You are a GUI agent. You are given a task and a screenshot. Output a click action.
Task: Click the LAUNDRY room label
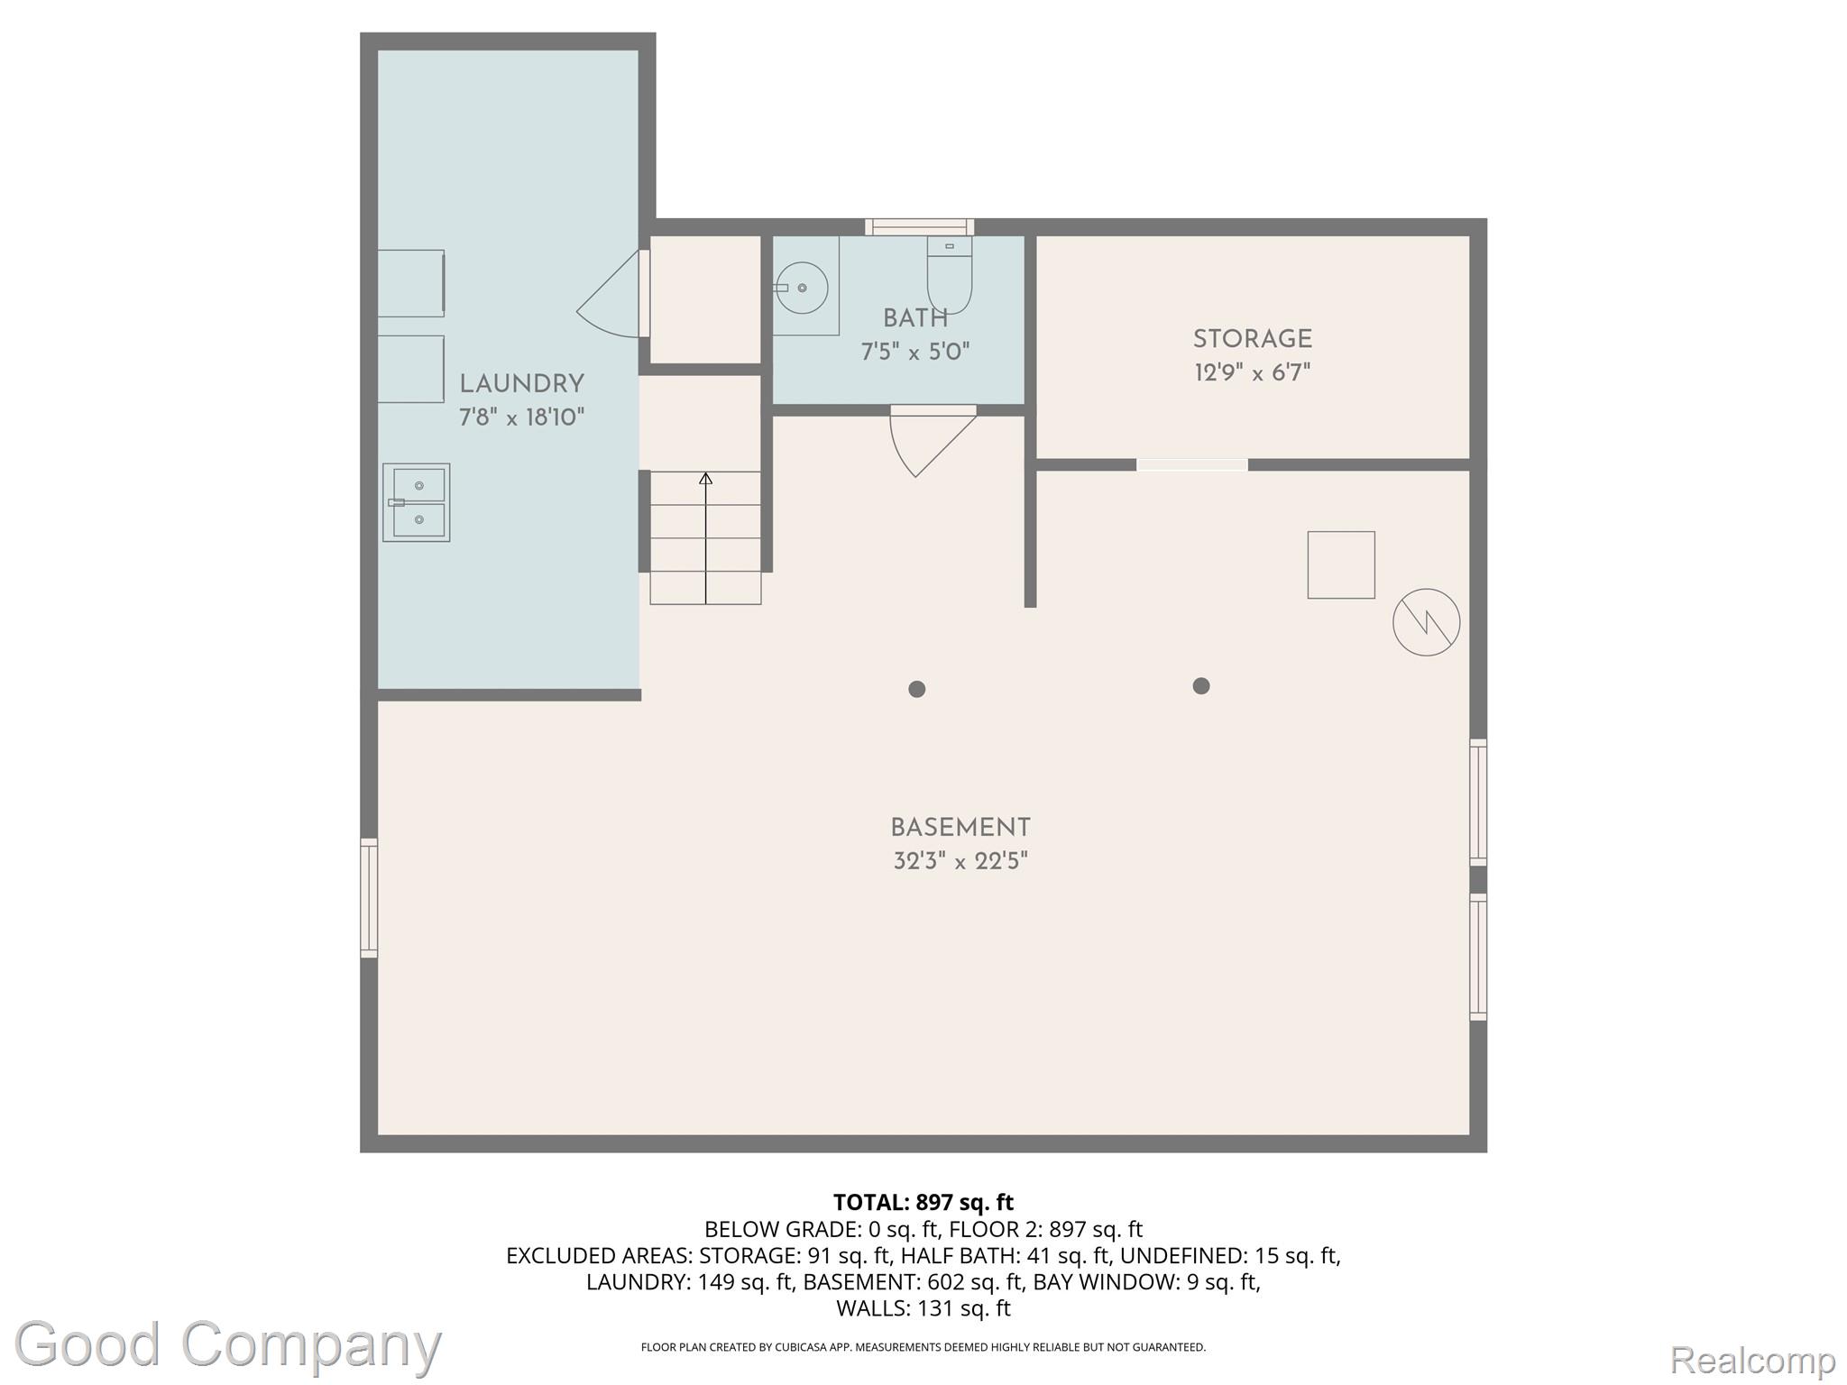(521, 384)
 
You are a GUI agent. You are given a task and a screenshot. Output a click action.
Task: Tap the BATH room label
(915, 318)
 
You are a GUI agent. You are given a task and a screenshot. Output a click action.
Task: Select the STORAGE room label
(1253, 339)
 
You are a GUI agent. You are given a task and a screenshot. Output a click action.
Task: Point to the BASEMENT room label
(960, 828)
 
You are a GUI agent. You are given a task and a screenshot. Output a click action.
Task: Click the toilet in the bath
(950, 274)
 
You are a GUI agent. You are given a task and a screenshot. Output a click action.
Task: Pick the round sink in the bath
(802, 288)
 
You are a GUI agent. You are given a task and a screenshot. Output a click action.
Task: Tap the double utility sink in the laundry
(416, 502)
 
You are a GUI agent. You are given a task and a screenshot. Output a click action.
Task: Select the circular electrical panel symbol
(1426, 622)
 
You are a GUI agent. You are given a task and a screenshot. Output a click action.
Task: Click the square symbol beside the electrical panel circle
(1341, 564)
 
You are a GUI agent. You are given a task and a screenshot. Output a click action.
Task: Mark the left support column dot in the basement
(917, 689)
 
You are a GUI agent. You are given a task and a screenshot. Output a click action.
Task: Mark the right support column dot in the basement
(1200, 686)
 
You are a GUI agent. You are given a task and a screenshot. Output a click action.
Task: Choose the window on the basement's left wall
(369, 897)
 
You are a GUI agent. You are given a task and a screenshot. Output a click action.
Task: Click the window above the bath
(920, 226)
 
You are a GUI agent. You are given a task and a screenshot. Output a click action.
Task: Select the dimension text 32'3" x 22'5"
(960, 861)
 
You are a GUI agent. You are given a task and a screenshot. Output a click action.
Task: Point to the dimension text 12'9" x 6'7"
(1253, 372)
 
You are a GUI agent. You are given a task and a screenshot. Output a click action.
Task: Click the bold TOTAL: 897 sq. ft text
(923, 1202)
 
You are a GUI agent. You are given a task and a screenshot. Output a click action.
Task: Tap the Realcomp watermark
(1752, 1359)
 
